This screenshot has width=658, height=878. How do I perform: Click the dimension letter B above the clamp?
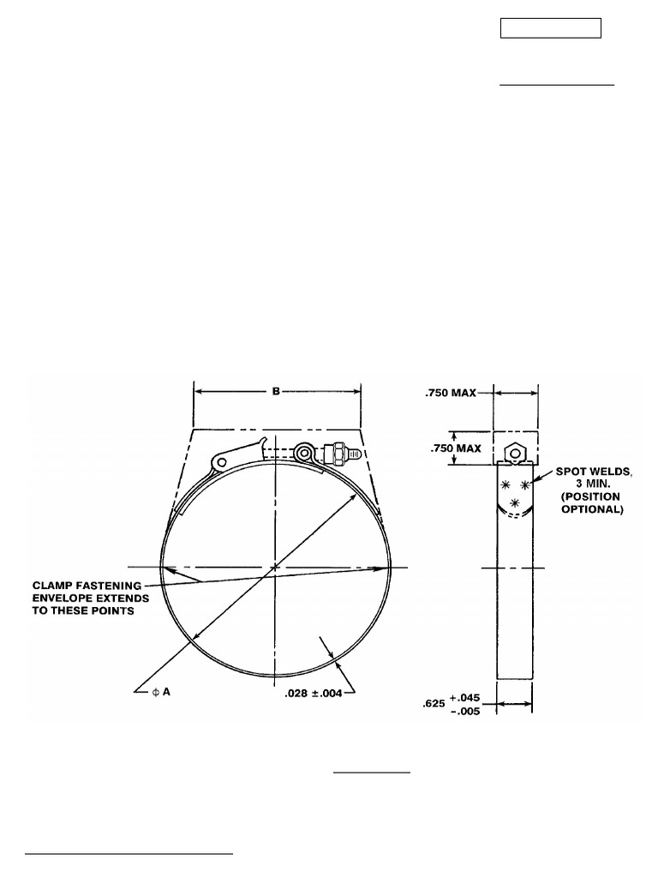point(276,392)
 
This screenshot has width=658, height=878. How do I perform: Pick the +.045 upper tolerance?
point(468,698)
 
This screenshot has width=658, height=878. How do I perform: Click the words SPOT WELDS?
point(592,472)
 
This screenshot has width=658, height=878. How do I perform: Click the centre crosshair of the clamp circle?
point(275,568)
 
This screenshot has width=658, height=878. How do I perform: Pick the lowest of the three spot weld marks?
point(514,502)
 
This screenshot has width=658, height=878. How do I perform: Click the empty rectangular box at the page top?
point(550,27)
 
